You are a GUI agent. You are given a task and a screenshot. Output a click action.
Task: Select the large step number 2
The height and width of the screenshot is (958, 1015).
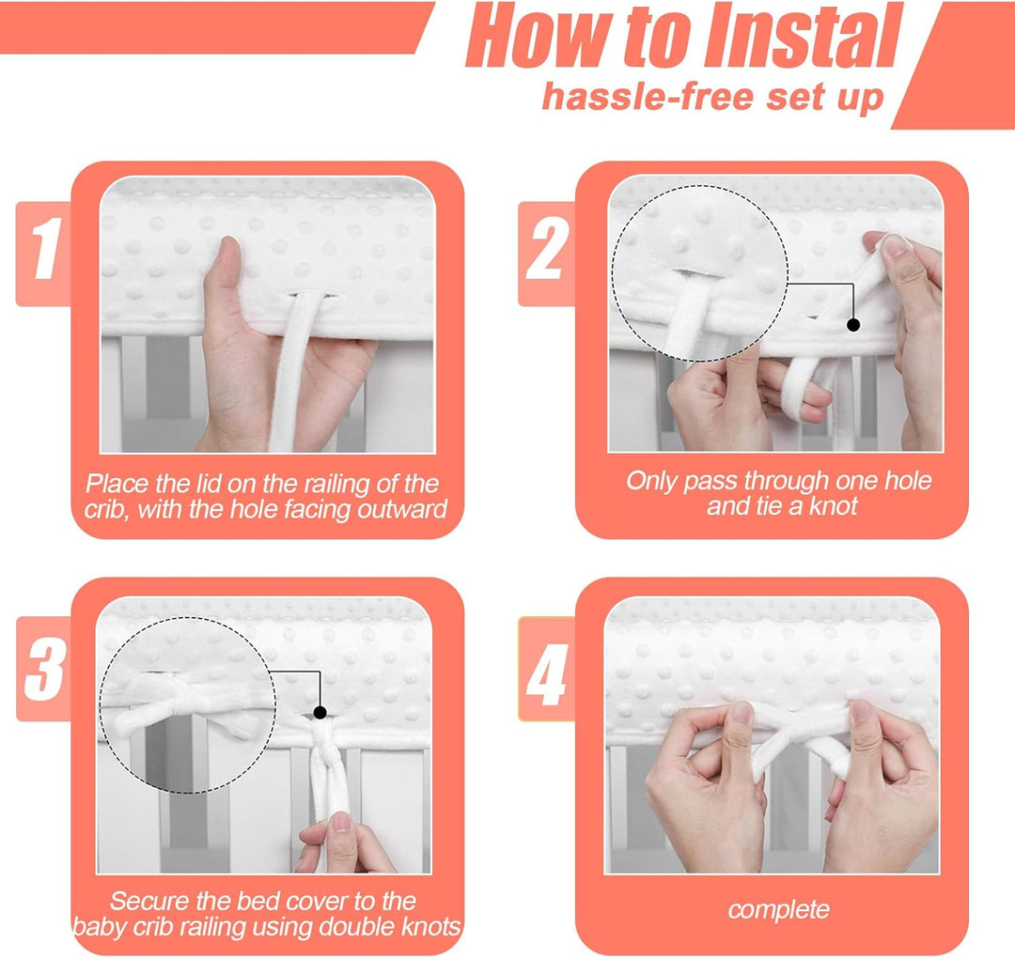pos(547,248)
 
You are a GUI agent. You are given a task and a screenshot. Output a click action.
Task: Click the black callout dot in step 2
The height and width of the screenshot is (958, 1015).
pos(853,325)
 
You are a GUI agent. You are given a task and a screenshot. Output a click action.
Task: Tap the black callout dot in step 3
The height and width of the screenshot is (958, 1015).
pos(320,713)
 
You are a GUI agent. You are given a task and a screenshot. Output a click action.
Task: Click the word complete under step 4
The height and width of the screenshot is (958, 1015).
pos(779,909)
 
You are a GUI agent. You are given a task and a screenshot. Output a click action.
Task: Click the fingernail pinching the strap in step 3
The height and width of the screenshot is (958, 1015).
pos(340,822)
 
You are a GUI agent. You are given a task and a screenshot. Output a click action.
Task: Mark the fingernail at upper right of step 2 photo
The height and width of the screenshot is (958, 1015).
pos(896,245)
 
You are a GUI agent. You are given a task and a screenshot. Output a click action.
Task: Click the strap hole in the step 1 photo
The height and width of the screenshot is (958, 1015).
pos(313,296)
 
